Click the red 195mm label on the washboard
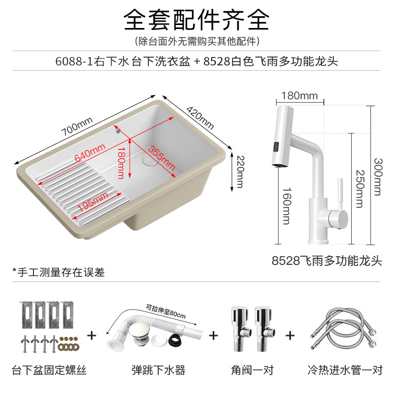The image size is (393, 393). tap(93, 199)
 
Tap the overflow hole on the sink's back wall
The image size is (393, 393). tap(117, 130)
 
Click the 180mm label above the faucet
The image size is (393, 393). tap(299, 95)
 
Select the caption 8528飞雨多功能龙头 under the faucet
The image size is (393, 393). tap(326, 260)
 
